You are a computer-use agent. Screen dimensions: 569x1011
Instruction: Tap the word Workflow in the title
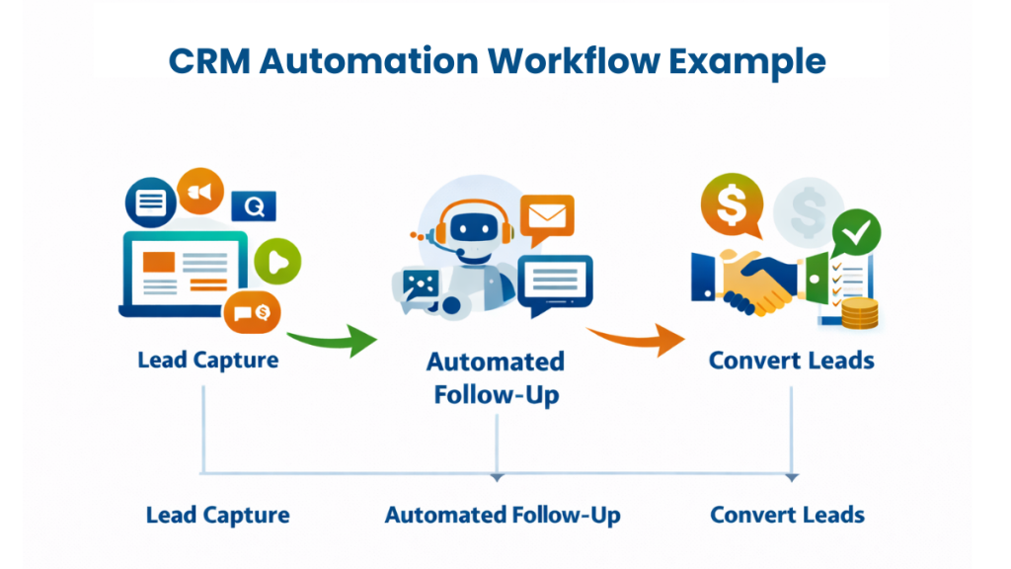tap(560, 61)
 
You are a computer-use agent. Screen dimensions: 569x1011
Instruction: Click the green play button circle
tap(277, 262)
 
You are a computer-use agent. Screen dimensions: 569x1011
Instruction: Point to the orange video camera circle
tap(201, 192)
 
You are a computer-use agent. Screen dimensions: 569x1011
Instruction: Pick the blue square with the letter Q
tap(254, 206)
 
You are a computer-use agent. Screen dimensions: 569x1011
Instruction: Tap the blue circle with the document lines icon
tap(150, 204)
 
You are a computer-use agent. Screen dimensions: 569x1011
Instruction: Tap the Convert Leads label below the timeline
tap(787, 515)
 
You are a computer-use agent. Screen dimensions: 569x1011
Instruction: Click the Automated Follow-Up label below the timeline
tap(503, 515)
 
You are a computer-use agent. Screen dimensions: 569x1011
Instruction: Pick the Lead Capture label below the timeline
tap(217, 515)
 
